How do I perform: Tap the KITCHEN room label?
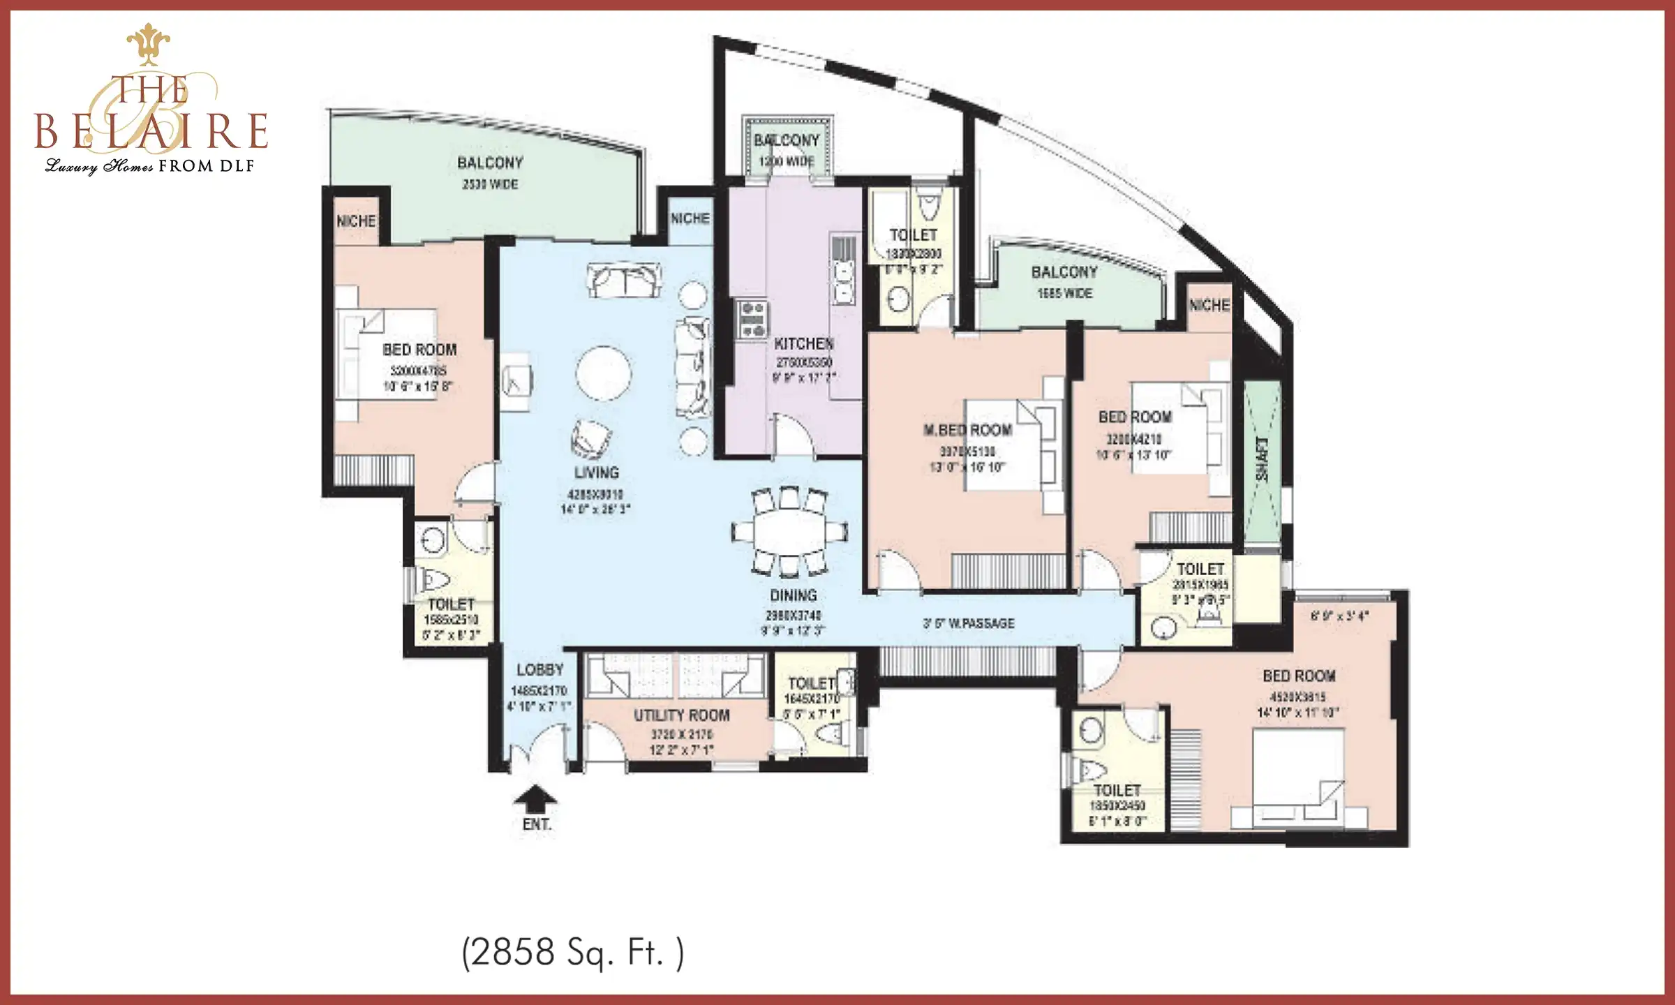click(803, 343)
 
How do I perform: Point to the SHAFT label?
click(1262, 459)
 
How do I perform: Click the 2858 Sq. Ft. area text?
click(572, 952)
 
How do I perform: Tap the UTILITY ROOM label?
click(681, 715)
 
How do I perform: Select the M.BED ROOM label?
click(967, 430)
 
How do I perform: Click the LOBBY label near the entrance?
click(539, 670)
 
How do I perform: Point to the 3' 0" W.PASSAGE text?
click(969, 623)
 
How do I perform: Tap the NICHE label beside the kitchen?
click(690, 218)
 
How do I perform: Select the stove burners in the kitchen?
click(752, 320)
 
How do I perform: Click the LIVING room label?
click(596, 472)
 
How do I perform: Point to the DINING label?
click(793, 595)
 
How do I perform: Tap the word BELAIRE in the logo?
click(151, 131)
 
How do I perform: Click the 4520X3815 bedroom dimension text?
click(1298, 697)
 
